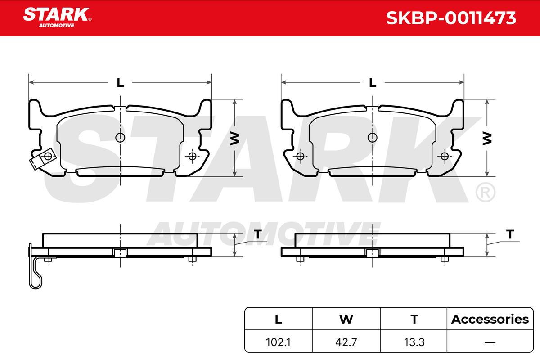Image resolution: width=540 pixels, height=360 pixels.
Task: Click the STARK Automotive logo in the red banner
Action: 57,18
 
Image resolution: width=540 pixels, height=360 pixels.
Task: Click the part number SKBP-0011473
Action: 451,18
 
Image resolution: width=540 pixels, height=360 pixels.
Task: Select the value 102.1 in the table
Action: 278,342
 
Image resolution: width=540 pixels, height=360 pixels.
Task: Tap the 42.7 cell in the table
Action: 346,342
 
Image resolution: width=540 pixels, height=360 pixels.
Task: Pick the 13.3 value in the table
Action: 414,342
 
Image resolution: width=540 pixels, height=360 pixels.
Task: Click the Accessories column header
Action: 490,319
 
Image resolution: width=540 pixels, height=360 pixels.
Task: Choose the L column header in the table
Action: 279,319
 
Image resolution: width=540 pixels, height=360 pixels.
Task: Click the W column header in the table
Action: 346,319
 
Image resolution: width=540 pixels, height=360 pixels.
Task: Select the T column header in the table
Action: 414,319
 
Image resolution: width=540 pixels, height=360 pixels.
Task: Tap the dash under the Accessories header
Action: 490,342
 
